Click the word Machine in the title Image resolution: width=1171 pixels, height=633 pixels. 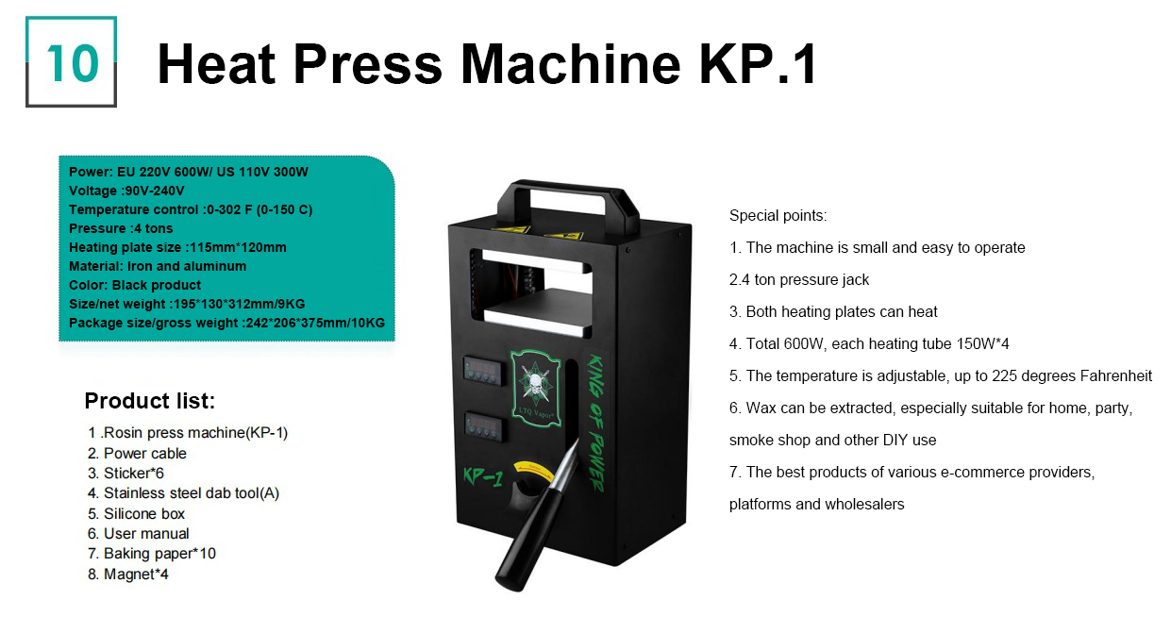[x=571, y=64]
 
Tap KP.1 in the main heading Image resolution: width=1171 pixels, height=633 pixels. [x=758, y=64]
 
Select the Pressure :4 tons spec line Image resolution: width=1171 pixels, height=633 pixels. [x=121, y=228]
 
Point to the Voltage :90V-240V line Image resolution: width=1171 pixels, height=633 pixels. [x=126, y=191]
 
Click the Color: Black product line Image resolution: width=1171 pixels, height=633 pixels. [x=135, y=285]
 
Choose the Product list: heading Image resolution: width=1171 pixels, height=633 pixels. [x=149, y=401]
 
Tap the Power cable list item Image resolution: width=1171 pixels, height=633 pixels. [x=137, y=453]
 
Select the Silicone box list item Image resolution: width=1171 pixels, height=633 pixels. [x=137, y=514]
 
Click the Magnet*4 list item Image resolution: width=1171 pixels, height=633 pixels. [x=128, y=575]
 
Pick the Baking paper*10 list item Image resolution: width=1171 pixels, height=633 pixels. [x=152, y=554]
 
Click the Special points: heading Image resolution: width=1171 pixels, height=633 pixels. [x=778, y=215]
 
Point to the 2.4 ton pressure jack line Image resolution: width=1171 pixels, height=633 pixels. [x=799, y=279]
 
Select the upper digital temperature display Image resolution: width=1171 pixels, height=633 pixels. [x=482, y=370]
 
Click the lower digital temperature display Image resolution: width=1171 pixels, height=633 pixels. [x=484, y=426]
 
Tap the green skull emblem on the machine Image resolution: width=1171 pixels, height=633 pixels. [x=536, y=387]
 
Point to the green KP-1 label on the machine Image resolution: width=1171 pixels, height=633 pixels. [x=483, y=476]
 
